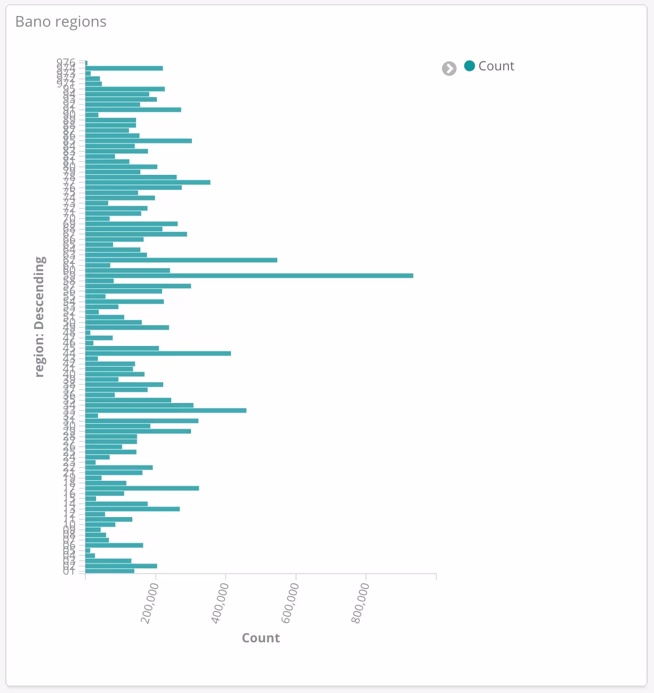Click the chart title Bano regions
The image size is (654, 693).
click(x=61, y=22)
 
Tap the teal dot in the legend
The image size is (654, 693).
click(x=469, y=66)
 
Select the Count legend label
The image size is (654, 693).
click(x=496, y=66)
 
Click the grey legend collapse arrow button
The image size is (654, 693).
click(x=449, y=69)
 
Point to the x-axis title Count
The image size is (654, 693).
click(x=260, y=638)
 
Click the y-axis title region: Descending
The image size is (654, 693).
click(x=40, y=317)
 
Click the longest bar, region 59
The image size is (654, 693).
click(x=249, y=276)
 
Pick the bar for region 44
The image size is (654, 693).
click(x=158, y=353)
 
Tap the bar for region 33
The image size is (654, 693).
click(x=166, y=410)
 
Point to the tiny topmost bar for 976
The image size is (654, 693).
click(x=86, y=63)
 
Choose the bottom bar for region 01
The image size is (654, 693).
click(x=110, y=571)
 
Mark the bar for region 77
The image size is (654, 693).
click(x=148, y=182)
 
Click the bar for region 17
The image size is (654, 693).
click(x=142, y=488)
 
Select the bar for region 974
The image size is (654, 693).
click(x=124, y=68)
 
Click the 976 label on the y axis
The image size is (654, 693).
click(x=66, y=62)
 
